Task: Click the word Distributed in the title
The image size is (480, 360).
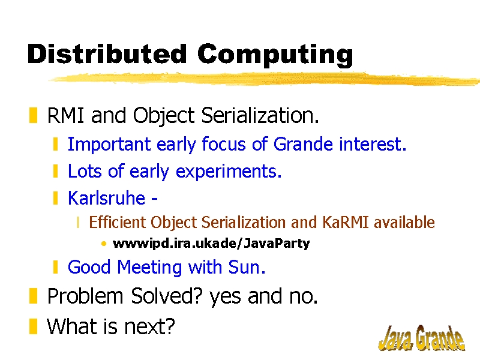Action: point(107,53)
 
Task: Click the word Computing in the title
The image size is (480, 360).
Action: point(275,55)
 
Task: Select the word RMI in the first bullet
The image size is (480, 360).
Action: point(65,115)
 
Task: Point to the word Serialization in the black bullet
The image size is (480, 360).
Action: point(260,115)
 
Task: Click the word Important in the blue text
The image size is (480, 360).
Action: point(109,144)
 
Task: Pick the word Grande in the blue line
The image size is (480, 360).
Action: point(303,144)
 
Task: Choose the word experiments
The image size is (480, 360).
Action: point(229,172)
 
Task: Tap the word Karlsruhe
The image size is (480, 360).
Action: point(106,198)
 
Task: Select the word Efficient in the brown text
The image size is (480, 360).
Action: point(117,222)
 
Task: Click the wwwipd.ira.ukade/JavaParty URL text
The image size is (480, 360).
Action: point(211,244)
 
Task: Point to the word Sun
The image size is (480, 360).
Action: point(247,267)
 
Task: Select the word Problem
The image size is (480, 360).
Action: point(85,296)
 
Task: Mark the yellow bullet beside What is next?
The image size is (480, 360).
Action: point(33,326)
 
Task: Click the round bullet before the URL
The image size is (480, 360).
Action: point(104,244)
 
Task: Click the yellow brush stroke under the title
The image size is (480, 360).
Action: point(263,79)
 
